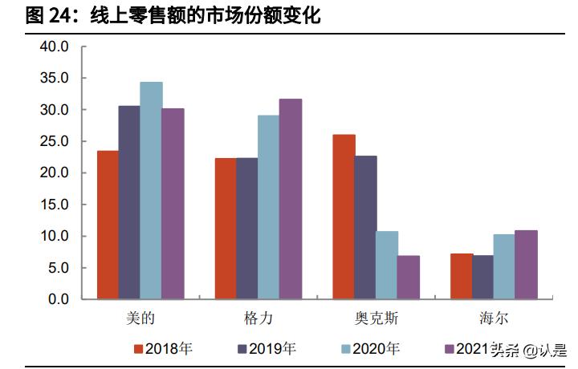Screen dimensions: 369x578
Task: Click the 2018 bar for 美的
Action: click(x=108, y=225)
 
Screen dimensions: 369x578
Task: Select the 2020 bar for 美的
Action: click(x=151, y=190)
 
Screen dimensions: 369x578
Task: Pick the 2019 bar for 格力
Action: click(x=247, y=229)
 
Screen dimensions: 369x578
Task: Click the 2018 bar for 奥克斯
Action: click(x=344, y=217)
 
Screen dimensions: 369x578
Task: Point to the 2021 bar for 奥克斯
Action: click(x=409, y=278)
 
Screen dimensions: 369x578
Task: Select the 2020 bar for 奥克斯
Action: click(x=387, y=266)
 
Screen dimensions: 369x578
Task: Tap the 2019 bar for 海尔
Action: click(x=483, y=278)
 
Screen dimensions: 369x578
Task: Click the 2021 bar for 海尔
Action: click(x=527, y=265)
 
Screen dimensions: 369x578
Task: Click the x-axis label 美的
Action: click(x=140, y=318)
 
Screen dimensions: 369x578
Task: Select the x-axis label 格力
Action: click(x=258, y=318)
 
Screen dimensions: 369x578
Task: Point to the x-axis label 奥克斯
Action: click(x=376, y=318)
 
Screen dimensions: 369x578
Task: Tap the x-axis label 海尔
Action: click(x=494, y=318)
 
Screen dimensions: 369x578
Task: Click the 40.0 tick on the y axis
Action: click(x=55, y=47)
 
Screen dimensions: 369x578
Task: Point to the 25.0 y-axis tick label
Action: click(x=55, y=141)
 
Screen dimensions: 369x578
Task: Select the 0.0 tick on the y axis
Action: click(x=59, y=299)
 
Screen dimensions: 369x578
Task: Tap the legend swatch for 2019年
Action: click(x=242, y=349)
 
